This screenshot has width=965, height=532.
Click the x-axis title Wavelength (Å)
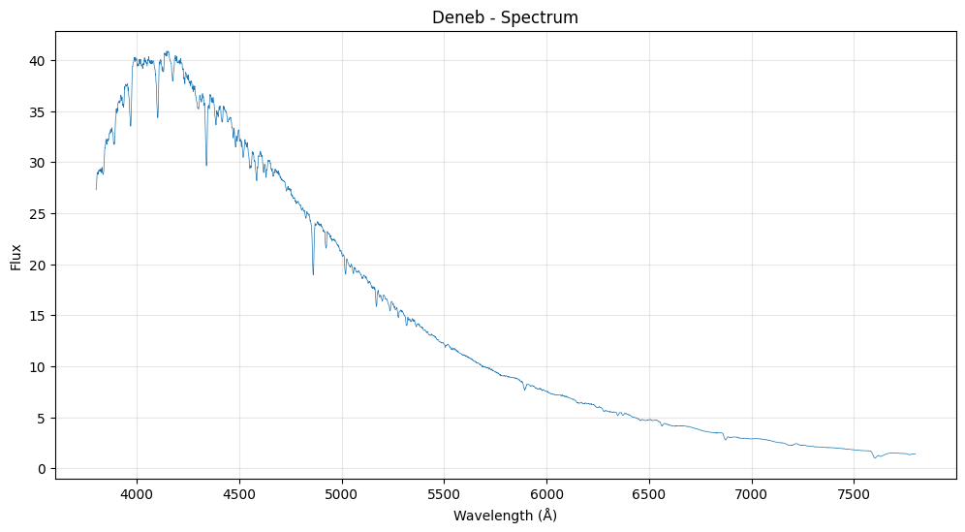coord(505,516)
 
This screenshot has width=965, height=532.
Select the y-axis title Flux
coord(16,257)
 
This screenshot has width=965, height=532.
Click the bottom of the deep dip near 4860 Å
coord(313,274)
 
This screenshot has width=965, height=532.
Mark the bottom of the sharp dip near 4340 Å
coord(206,165)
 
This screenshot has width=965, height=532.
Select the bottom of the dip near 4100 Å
coord(157,117)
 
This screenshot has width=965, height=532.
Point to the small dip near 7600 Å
coord(875,457)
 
